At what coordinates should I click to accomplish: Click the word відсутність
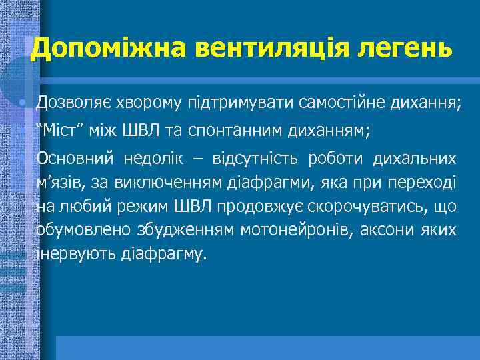(x=256, y=159)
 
